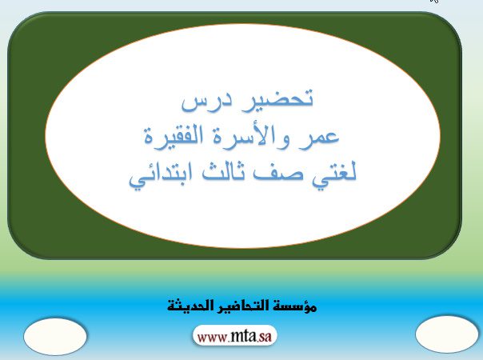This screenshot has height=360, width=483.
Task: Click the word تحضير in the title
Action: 273,98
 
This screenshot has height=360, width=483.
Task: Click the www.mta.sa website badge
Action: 235,336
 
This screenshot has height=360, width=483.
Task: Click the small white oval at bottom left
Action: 55,336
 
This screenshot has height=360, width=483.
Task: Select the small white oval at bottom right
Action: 447,334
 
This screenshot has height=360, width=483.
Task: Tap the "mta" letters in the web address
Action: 242,336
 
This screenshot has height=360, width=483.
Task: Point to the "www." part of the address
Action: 214,338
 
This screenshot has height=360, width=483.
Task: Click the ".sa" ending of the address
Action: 264,337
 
